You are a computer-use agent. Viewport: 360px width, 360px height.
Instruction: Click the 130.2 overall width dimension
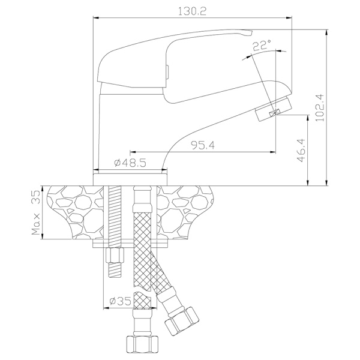click(193, 11)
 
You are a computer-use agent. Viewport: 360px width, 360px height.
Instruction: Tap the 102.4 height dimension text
click(319, 107)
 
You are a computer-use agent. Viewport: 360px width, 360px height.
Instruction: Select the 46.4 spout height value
click(301, 150)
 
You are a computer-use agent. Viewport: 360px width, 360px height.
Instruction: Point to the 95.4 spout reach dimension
click(203, 145)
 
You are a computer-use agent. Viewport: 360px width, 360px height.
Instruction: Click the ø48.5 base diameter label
click(130, 163)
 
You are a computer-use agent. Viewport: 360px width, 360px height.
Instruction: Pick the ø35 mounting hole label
click(120, 301)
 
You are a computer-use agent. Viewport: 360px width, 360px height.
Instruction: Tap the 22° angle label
click(262, 45)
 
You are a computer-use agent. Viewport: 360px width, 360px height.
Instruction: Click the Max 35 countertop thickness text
click(36, 213)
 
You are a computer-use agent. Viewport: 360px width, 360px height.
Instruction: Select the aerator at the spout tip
click(274, 109)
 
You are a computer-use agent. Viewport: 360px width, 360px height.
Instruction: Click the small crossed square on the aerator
click(275, 112)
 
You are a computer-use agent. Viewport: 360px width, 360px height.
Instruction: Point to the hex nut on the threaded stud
click(115, 256)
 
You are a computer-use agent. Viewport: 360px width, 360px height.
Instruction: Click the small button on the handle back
click(167, 72)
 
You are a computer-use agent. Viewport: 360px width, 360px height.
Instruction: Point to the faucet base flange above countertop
click(130, 179)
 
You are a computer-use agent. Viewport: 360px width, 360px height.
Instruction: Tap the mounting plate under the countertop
click(131, 244)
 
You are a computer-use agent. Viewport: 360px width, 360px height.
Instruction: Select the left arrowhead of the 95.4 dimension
click(133, 152)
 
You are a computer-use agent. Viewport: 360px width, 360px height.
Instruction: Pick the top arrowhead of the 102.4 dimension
click(326, 32)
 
